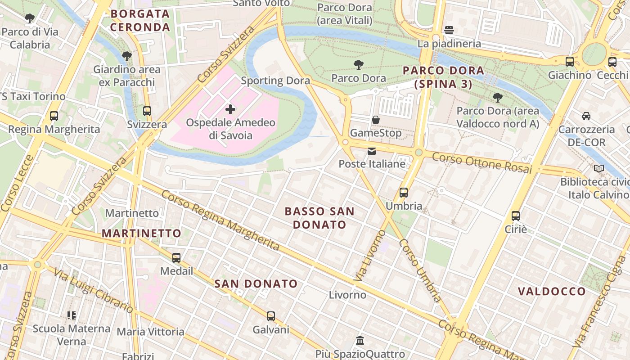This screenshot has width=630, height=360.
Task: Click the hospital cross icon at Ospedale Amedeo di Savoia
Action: pos(230,109)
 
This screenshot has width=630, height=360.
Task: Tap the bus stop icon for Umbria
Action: pos(404,193)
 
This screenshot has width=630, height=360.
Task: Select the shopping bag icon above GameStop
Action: pos(375,120)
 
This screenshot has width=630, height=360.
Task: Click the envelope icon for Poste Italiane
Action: pos(372,151)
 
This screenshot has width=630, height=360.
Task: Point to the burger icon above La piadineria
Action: pos(448,30)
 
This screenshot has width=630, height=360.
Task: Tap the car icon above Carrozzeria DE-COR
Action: pos(586,116)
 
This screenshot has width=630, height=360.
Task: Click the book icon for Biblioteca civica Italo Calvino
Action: pos(598,169)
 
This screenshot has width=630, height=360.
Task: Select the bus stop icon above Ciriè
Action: pos(516,216)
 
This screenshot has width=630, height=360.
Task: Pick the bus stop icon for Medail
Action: pos(176,258)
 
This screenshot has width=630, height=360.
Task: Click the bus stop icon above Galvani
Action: pos(270,316)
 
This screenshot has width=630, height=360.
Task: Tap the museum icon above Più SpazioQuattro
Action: pos(360,341)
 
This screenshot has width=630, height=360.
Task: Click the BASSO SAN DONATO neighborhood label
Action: pos(319,218)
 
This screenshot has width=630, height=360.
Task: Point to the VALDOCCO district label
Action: pos(552,292)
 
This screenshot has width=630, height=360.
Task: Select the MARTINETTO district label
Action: pos(141,233)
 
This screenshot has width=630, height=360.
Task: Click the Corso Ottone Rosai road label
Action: pos(482,163)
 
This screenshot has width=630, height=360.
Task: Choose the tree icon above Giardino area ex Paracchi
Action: pos(127,56)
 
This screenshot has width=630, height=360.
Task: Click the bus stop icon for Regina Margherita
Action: pos(54,116)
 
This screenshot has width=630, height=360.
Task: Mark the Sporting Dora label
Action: pos(275,81)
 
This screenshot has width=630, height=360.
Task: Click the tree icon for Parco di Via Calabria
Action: pos(30,18)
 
